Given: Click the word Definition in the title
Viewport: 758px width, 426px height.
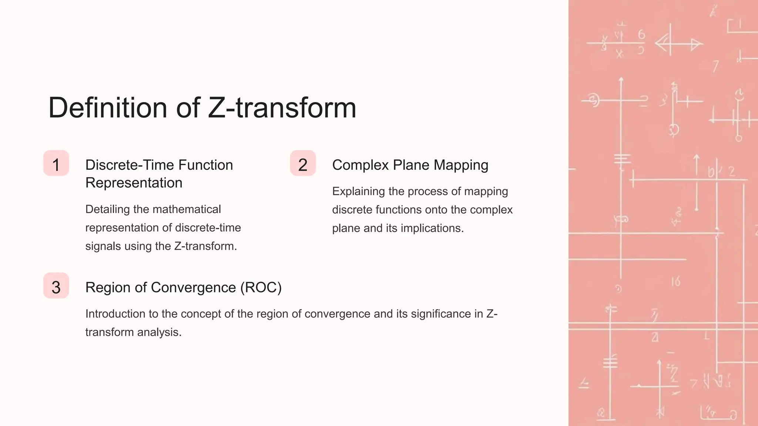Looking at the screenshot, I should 107,108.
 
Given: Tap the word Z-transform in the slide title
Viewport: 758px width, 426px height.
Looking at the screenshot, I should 282,108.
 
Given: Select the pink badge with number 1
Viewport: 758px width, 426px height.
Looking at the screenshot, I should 56,163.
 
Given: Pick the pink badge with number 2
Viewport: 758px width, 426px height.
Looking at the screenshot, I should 303,163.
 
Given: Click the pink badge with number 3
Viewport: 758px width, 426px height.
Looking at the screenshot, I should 56,286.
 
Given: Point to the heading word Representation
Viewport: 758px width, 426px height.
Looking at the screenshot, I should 134,183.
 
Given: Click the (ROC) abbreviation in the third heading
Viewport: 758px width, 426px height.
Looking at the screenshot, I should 261,287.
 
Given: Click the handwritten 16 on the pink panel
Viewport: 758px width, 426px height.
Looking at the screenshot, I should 676,282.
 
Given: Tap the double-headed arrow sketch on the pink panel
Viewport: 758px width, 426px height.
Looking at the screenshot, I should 679,44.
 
